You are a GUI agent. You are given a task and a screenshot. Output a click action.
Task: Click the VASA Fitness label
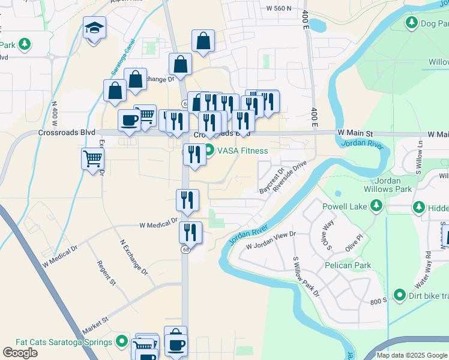pos(243,151)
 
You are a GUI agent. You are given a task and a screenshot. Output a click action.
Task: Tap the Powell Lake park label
pos(343,206)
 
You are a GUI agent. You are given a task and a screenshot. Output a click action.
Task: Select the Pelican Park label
pos(348,265)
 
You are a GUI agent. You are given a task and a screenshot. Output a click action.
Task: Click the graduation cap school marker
pos(94,28)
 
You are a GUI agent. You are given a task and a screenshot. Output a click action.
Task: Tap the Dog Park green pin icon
pos(412,23)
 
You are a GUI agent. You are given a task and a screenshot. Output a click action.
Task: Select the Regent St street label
pos(106,271)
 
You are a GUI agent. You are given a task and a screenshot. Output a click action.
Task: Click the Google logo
pos(20,353)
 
